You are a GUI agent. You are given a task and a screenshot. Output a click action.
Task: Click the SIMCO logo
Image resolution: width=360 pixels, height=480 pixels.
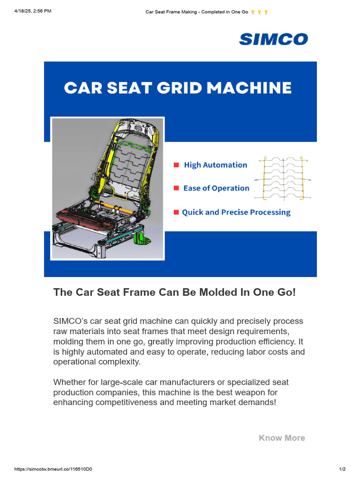(273, 39)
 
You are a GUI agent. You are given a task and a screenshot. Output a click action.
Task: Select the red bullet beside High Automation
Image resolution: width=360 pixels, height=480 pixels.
(176, 165)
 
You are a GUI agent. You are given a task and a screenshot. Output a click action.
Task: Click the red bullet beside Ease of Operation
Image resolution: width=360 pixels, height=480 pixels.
(176, 188)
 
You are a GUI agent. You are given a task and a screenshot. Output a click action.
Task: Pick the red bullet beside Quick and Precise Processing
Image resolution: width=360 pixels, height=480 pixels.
(176, 212)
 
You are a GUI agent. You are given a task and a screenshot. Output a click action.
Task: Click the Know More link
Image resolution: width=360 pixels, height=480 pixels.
(282, 438)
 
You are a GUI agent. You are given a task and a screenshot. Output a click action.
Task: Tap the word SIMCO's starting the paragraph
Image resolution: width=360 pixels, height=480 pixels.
(68, 321)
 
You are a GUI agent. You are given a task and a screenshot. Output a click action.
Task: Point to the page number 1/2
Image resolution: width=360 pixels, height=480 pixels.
(342, 469)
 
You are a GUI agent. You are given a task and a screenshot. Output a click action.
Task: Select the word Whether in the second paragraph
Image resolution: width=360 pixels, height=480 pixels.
(70, 383)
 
